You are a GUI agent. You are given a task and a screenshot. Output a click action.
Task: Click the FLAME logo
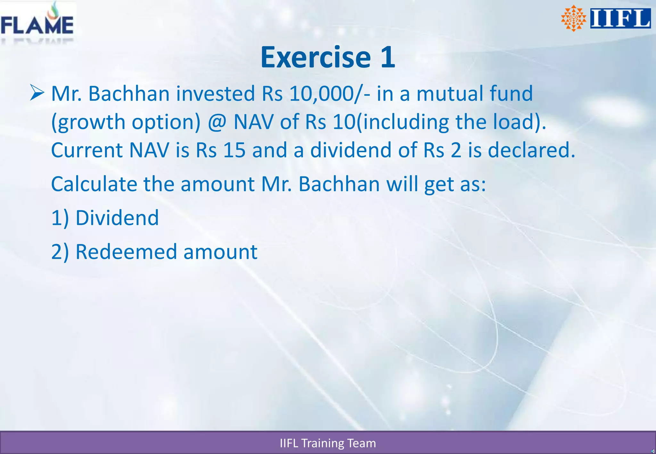[37, 22]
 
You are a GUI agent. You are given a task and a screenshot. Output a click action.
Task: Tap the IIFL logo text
[620, 19]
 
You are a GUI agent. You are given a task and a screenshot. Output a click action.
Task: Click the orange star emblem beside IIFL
[573, 19]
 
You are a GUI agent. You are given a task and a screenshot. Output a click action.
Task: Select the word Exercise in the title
[316, 58]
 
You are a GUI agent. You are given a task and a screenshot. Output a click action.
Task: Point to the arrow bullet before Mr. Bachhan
[37, 93]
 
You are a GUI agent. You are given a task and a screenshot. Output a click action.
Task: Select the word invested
[215, 94]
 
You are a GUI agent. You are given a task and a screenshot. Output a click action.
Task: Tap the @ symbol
[217, 122]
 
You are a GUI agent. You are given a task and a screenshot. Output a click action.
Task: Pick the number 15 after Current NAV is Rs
[234, 150]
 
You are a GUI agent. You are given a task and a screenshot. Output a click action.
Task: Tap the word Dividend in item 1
[117, 218]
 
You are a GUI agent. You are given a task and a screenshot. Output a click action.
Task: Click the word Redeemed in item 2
[126, 252]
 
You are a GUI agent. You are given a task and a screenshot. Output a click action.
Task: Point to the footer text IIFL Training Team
[328, 443]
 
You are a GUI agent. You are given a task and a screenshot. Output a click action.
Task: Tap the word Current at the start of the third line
[86, 150]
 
